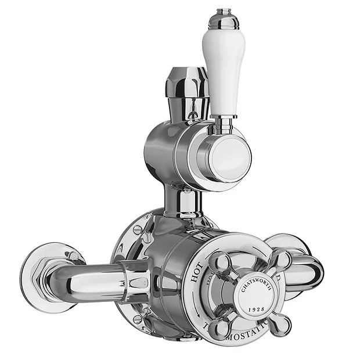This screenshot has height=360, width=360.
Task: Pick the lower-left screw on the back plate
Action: (x=136, y=318)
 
